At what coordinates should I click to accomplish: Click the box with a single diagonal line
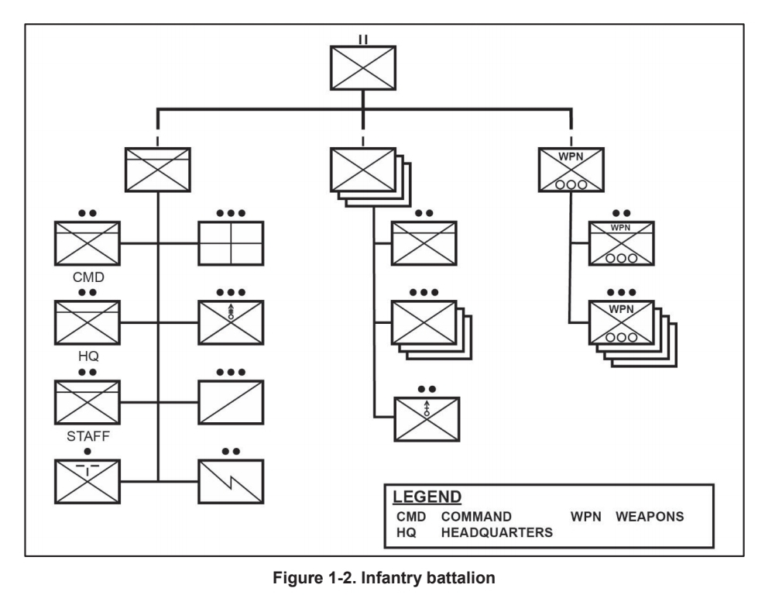click(231, 401)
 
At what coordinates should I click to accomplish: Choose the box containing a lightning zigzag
click(231, 481)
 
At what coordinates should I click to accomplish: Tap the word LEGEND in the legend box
click(427, 496)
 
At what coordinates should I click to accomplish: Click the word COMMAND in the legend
click(476, 517)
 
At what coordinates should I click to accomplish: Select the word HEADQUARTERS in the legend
click(496, 532)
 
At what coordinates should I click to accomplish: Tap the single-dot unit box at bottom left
click(87, 481)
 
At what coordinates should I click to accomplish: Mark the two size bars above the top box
click(363, 37)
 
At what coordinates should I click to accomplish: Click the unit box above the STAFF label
click(87, 401)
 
